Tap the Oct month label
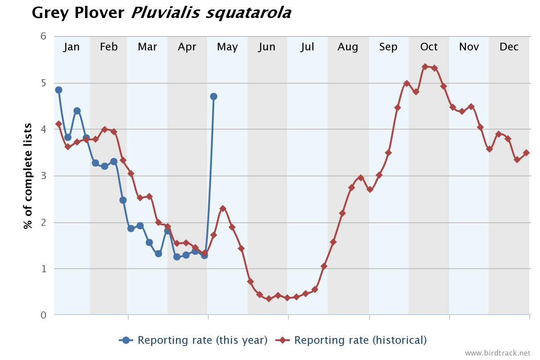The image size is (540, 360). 428,47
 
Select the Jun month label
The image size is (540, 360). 267,47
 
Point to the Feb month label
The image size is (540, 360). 108,47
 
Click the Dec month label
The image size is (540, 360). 509,47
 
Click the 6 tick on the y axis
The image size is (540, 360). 44,36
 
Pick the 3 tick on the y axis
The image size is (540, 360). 44,176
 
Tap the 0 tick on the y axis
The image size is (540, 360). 44,315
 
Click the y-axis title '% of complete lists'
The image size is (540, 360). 28,176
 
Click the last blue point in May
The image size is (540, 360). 214,96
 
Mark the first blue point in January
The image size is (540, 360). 58,90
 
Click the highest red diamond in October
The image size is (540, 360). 425,67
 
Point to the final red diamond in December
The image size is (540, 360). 526,153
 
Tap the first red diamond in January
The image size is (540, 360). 58,124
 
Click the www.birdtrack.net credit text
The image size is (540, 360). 498,353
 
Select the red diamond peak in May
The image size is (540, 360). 223,208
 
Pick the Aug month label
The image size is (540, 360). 348,47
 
